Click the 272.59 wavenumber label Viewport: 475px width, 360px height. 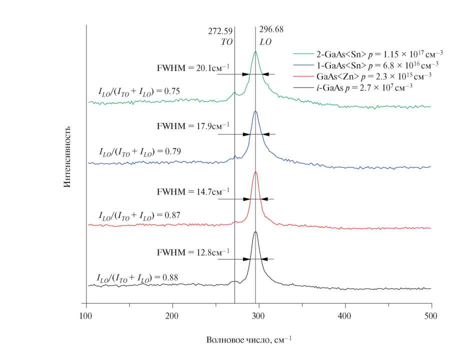[220, 31]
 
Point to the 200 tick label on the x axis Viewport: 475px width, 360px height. [172, 316]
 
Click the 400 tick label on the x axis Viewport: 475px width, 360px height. [344, 316]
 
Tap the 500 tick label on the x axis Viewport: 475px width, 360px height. [430, 316]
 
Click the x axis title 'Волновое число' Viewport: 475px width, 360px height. [249, 340]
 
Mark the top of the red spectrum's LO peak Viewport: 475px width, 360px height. [256, 172]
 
